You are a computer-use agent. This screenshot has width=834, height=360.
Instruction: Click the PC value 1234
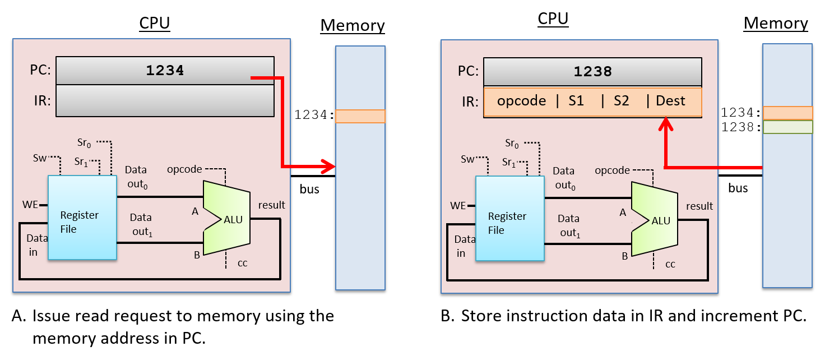165,71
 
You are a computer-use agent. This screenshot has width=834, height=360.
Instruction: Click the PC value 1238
592,72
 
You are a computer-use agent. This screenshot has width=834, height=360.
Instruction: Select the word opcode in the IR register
521,101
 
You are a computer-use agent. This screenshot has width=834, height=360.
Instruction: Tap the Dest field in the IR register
670,101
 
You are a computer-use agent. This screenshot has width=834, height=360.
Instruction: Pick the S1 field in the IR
576,101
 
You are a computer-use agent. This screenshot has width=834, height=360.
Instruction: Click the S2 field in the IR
621,101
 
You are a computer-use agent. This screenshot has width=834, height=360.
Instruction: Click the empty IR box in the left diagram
165,101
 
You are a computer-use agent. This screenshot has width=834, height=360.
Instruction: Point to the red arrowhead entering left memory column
328,166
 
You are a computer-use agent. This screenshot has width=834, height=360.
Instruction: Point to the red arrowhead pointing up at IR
665,124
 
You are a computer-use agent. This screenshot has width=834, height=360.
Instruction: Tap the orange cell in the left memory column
360,116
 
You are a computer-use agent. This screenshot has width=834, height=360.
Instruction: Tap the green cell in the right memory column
787,127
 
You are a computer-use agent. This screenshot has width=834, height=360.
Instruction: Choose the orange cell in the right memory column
787,113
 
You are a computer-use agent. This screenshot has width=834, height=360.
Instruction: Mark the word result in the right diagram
699,206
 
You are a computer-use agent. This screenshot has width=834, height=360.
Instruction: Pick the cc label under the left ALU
243,262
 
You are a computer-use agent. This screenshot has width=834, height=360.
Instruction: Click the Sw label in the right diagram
467,159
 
